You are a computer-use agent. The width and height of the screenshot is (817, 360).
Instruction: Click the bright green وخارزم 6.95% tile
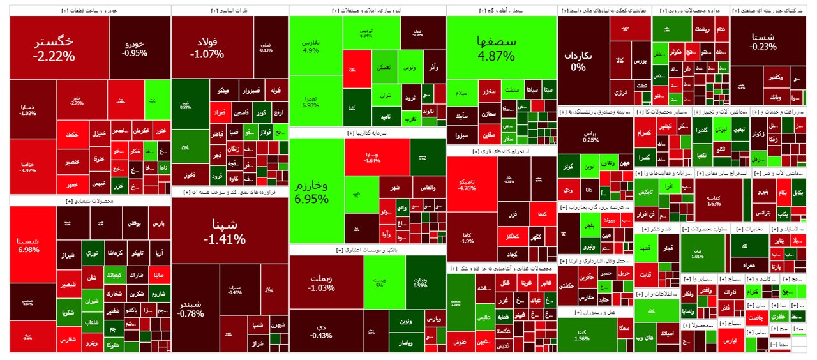click(316, 191)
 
